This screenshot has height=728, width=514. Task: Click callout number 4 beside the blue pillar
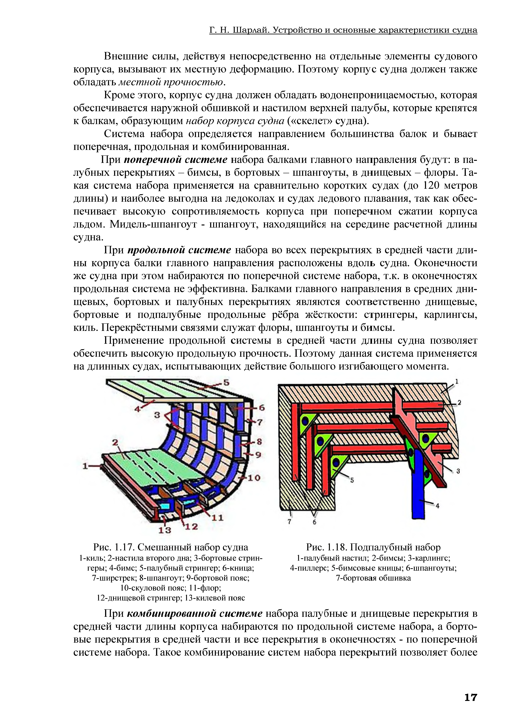(438, 506)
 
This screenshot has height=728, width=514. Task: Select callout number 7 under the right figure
(289, 522)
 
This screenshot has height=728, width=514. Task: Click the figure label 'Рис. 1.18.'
(327, 547)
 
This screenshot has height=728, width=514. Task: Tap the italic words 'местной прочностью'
(171, 82)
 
